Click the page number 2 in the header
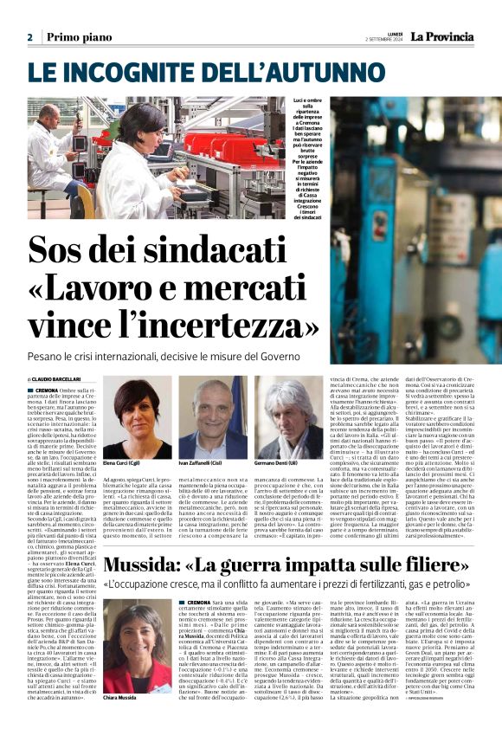click(29, 37)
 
